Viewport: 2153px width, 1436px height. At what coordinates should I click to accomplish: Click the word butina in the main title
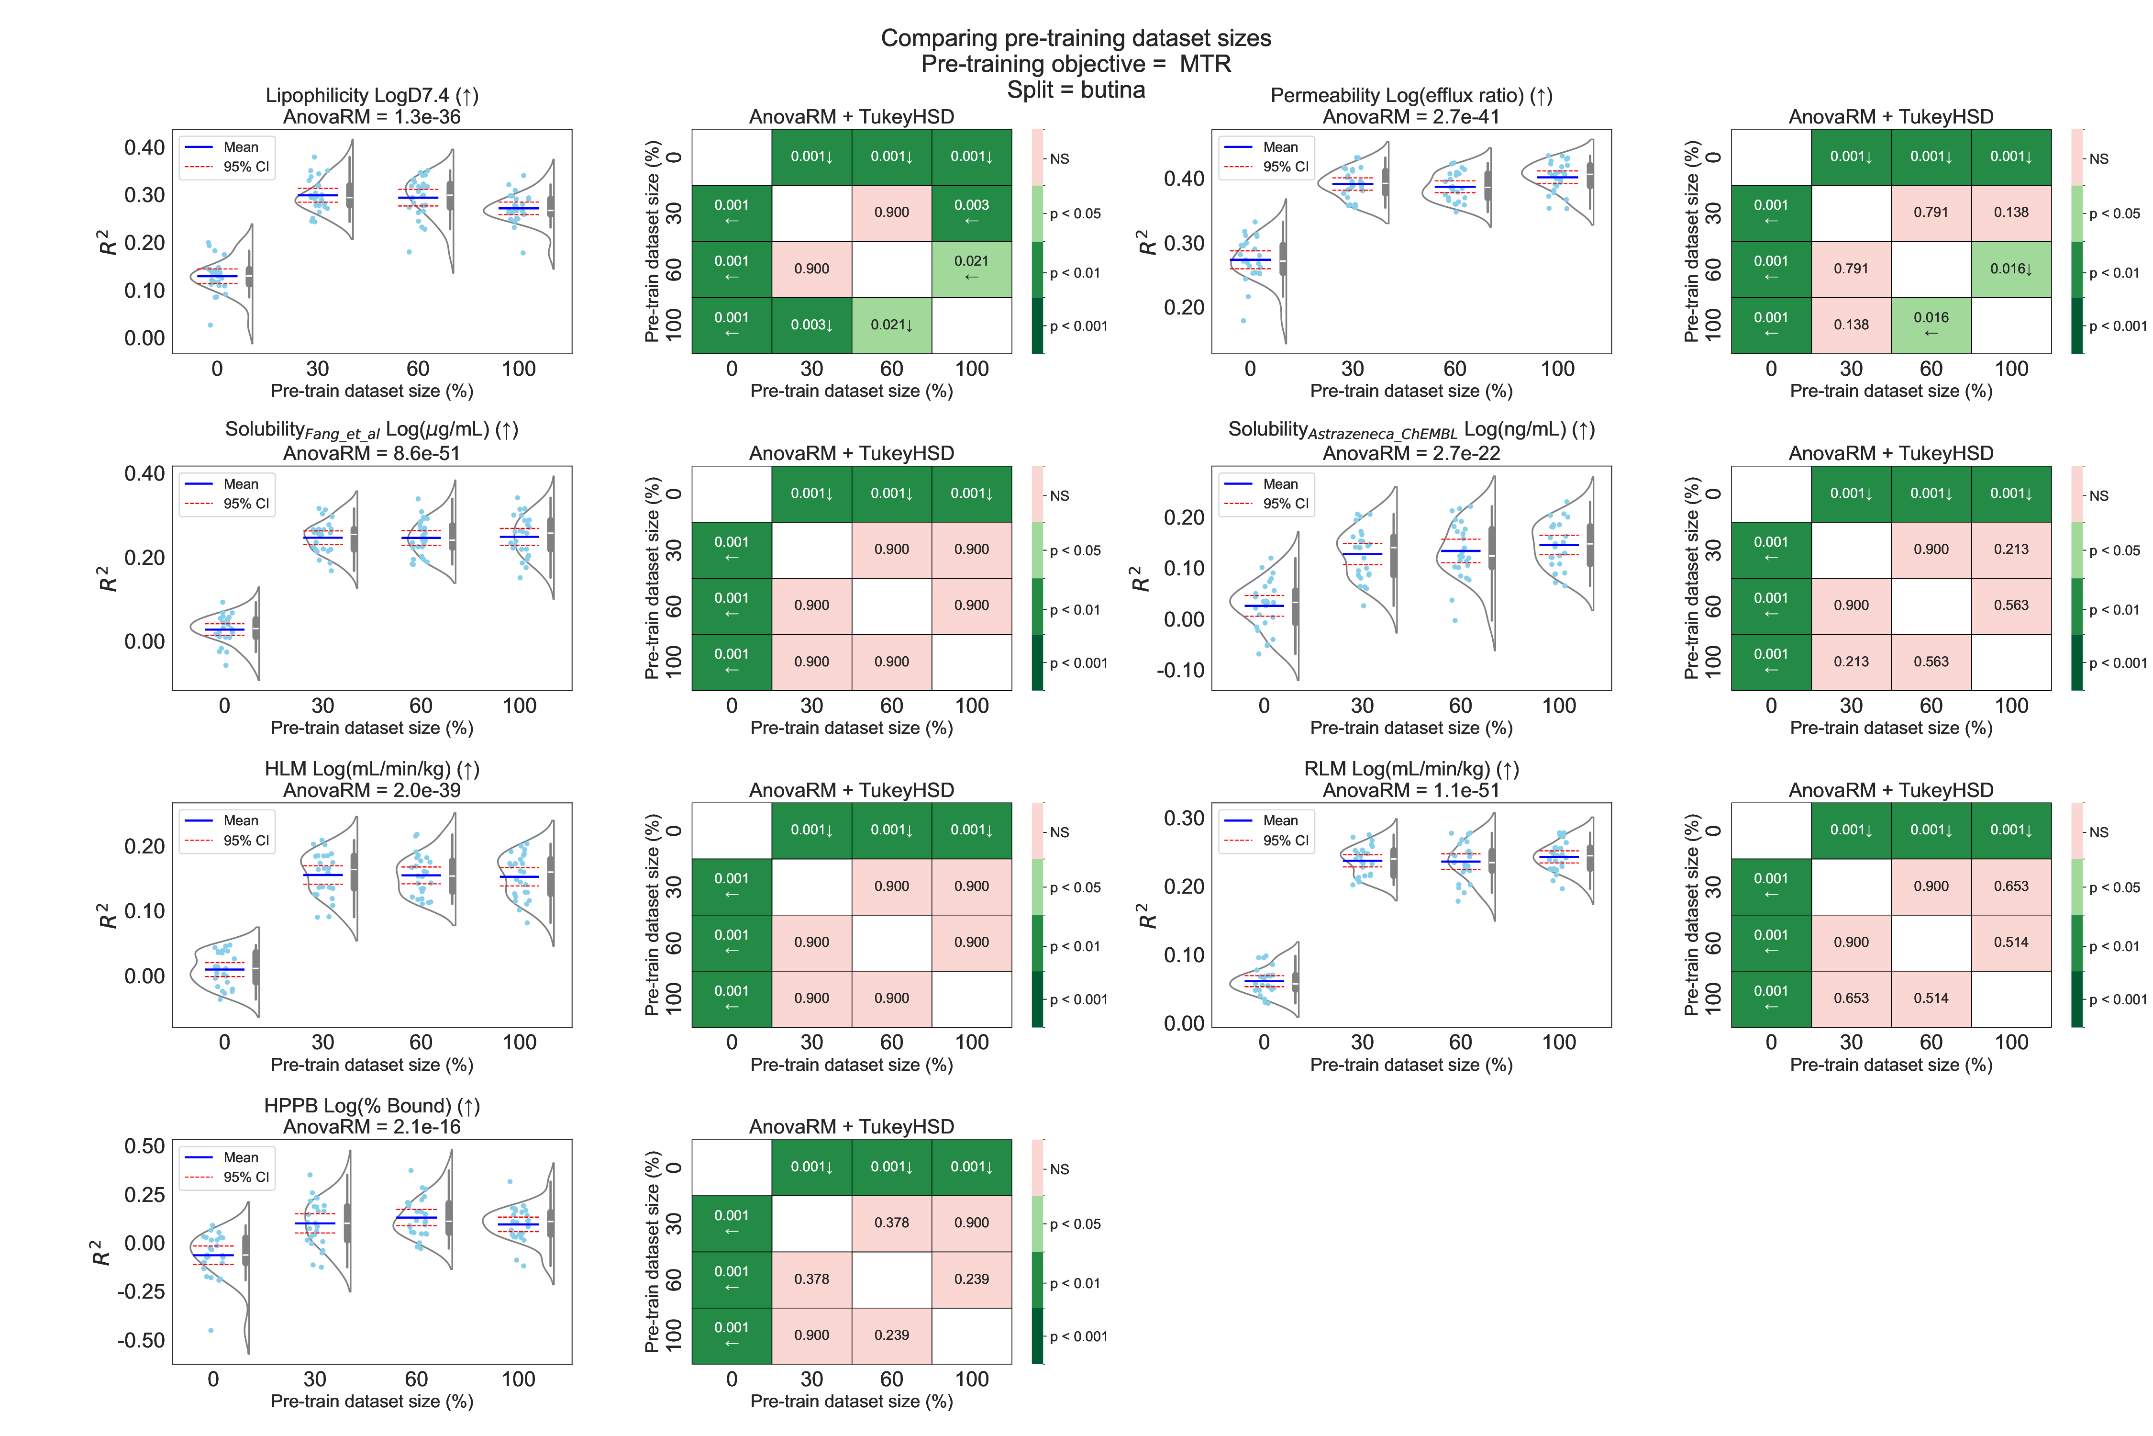(1112, 90)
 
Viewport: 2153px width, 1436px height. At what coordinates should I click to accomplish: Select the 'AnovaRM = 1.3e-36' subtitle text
(372, 116)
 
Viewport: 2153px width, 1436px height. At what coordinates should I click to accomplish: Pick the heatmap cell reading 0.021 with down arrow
(892, 325)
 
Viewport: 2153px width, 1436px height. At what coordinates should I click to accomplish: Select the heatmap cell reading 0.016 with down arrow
(2011, 269)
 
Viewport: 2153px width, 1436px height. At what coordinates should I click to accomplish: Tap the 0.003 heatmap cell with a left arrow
(971, 213)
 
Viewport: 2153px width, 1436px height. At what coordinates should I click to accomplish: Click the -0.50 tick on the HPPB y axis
(141, 1340)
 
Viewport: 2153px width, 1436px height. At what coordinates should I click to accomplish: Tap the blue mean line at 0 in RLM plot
(1264, 981)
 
